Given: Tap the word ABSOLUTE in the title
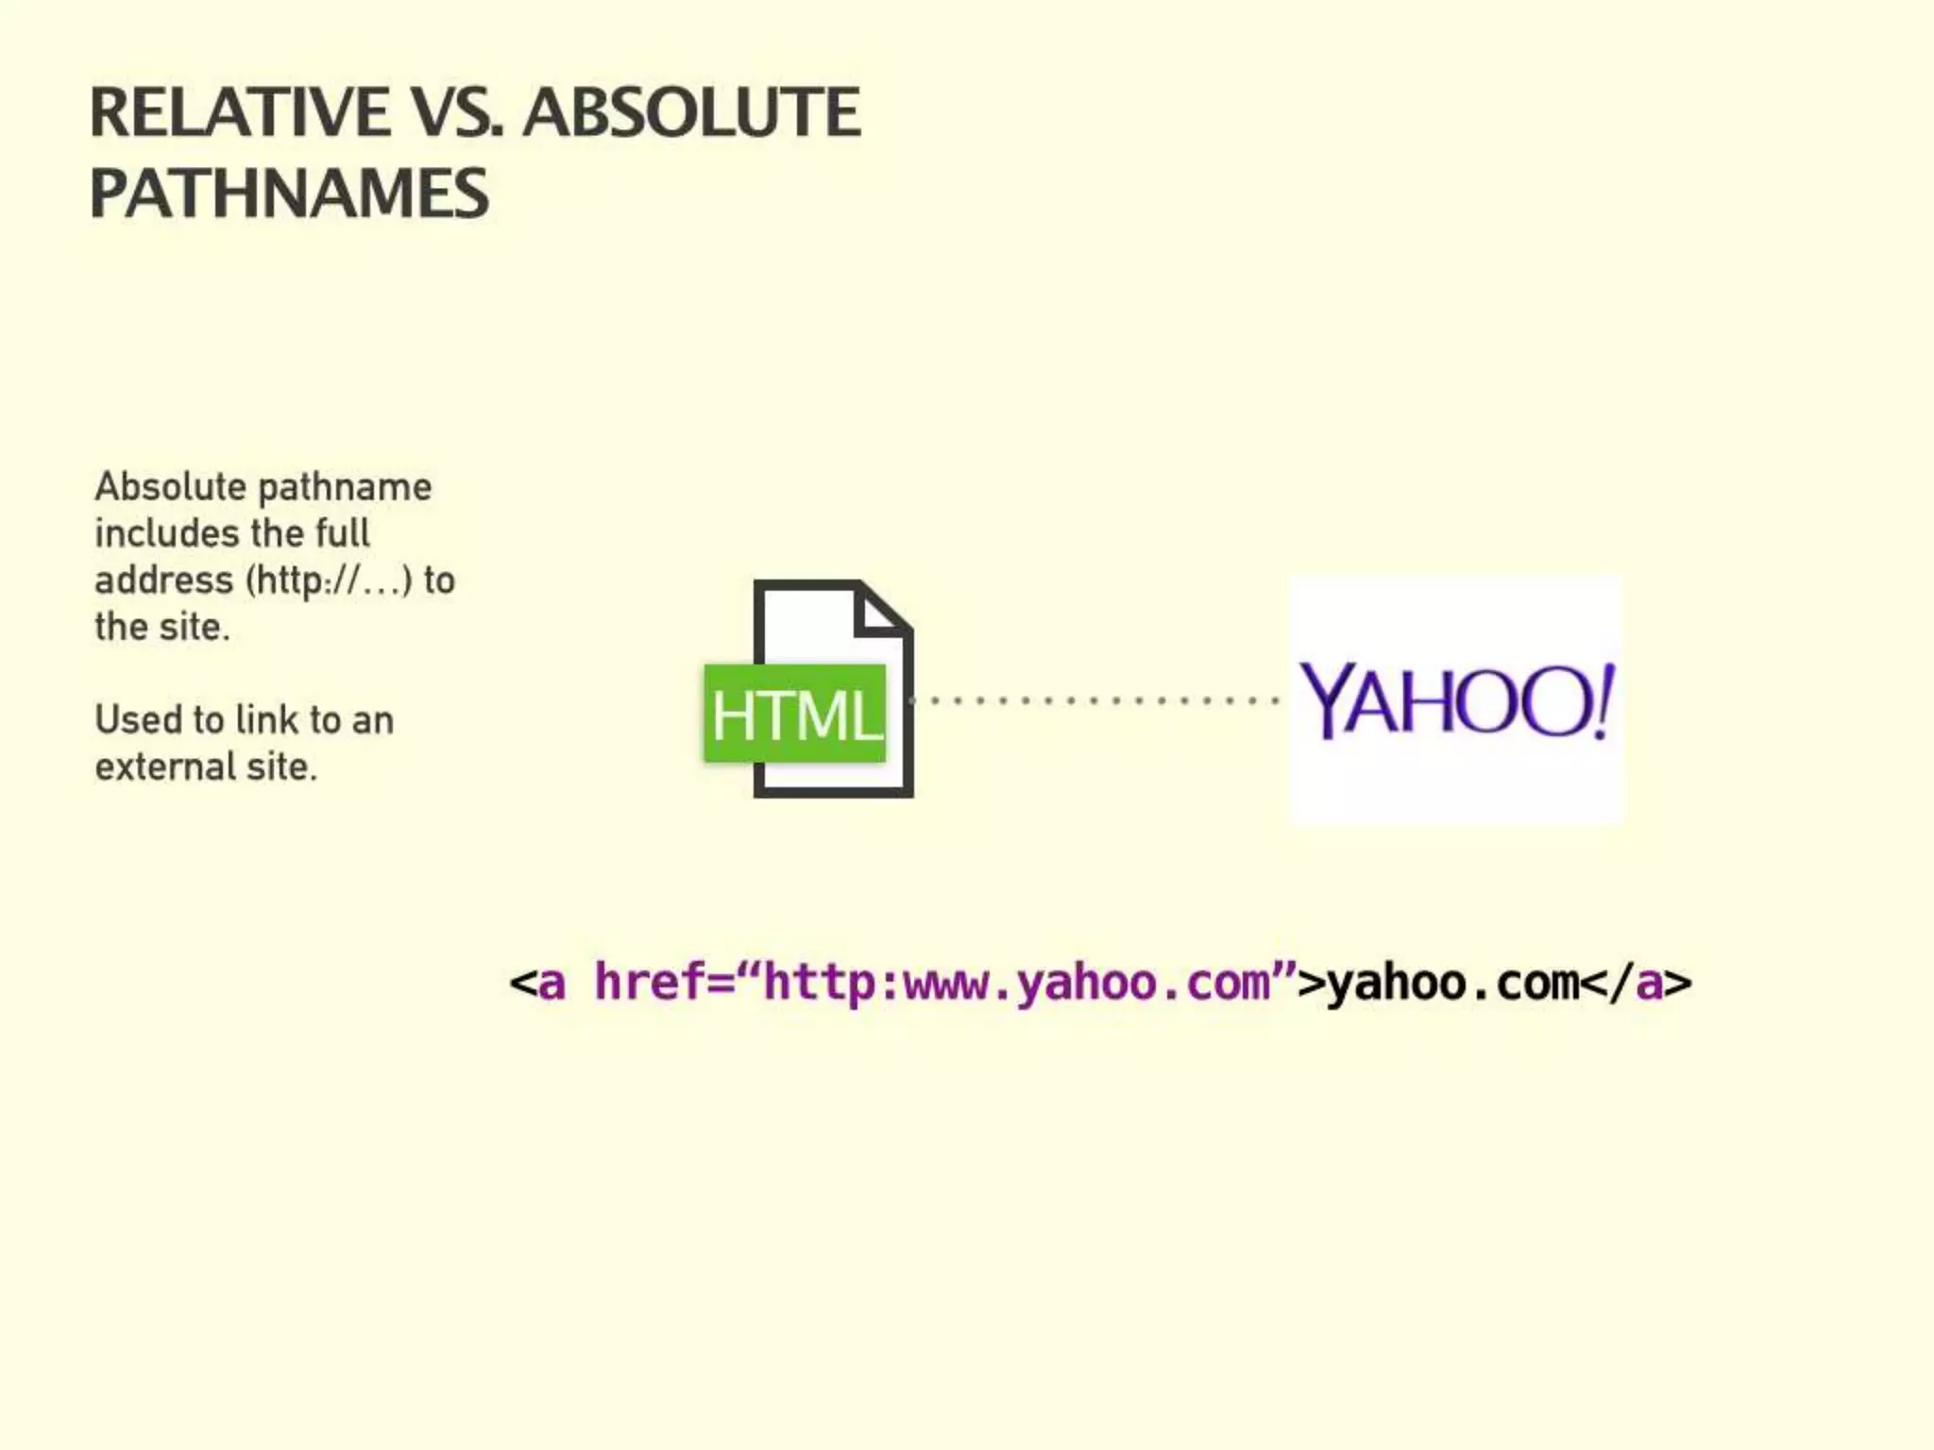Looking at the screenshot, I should [x=691, y=113].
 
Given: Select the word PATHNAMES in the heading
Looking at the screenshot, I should [x=289, y=194].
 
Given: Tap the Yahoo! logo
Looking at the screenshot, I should [x=1456, y=700].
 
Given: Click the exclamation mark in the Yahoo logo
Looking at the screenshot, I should [x=1603, y=700].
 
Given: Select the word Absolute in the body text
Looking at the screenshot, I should [x=171, y=487].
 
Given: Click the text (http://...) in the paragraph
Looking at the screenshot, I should [x=329, y=580].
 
